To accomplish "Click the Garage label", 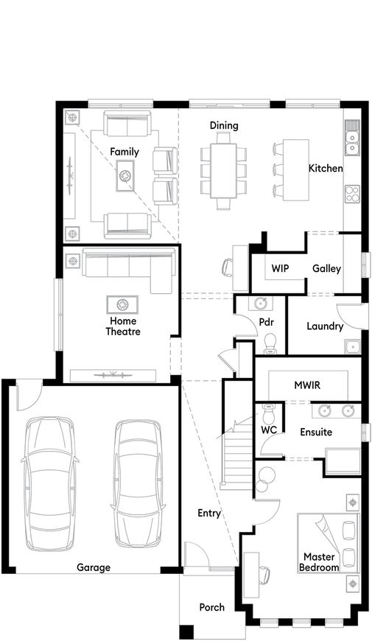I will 94,567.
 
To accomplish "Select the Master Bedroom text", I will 319,562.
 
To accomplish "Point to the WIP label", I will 280,268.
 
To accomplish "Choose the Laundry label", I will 325,326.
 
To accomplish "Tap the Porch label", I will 212,607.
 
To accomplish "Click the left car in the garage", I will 49,483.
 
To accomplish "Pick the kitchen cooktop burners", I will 351,194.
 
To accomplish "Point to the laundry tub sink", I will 351,346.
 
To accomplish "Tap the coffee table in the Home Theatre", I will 122,304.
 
